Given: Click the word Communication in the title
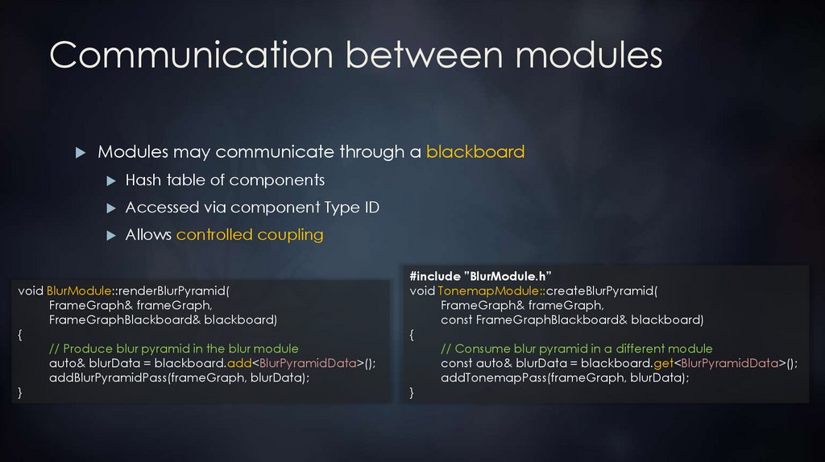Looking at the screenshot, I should click(190, 56).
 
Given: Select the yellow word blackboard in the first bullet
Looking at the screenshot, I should click(475, 151).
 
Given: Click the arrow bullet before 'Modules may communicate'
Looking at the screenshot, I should click(80, 152).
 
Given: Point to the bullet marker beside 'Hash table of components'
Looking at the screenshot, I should click(111, 180).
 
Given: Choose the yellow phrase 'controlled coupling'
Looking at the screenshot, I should click(250, 235).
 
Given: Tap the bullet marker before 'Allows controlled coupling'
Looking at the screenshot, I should click(111, 236).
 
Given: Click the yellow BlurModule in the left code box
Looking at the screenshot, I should click(78, 291).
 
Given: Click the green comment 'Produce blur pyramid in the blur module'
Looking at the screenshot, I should click(173, 349).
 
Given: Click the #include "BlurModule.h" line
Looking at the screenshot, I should click(480, 276).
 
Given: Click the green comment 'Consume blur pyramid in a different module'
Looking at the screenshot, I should click(576, 349).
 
